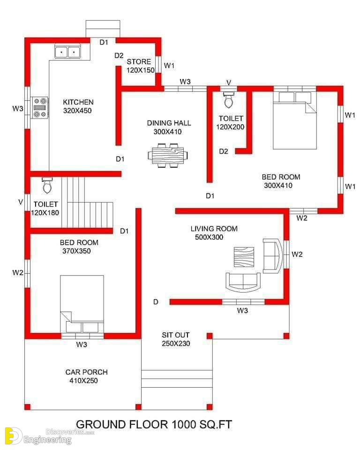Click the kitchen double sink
(x=68, y=52)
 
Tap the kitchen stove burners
(x=40, y=108)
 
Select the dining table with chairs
(x=168, y=155)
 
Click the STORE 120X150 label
(x=140, y=66)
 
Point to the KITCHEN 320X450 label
(x=78, y=106)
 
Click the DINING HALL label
(x=169, y=123)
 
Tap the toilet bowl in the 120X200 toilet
(x=229, y=99)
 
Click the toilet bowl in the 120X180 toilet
(x=47, y=186)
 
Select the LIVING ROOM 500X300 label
(x=214, y=233)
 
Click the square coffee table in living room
(x=244, y=257)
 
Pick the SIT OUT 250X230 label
(x=176, y=339)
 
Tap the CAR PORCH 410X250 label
(x=86, y=376)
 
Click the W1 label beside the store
(x=169, y=66)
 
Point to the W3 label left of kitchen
(x=18, y=108)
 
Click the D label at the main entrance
(x=156, y=301)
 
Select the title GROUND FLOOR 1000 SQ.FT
(x=154, y=425)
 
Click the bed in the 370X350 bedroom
(x=82, y=304)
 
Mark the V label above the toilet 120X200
(x=229, y=82)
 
